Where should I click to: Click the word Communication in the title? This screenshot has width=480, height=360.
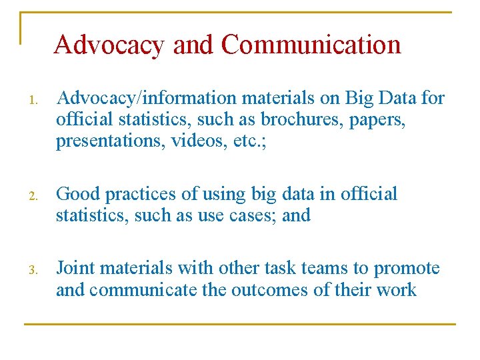(x=311, y=45)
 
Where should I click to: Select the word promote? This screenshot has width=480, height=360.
(x=407, y=269)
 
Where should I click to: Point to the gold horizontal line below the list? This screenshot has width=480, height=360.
(x=240, y=325)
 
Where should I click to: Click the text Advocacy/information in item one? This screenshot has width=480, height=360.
(x=147, y=99)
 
